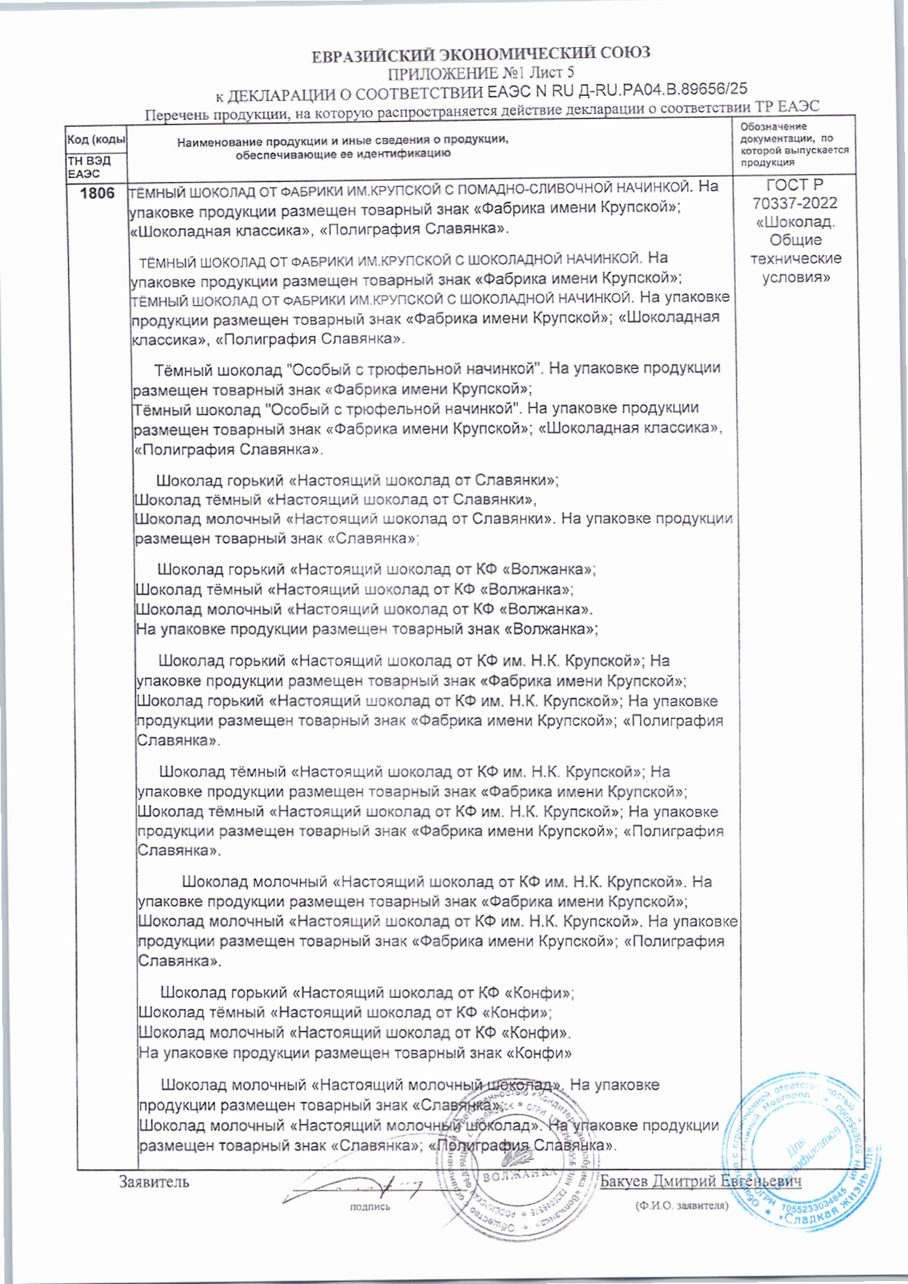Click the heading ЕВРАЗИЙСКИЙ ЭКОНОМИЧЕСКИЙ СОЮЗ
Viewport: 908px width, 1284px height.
[x=481, y=54]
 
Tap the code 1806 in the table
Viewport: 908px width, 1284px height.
[x=97, y=193]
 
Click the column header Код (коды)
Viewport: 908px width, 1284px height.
[x=96, y=139]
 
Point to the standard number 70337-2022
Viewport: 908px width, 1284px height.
[x=795, y=203]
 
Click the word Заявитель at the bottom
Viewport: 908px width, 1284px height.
[x=154, y=1182]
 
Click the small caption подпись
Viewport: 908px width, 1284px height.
[x=370, y=1207]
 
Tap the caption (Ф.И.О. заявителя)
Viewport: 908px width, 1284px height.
[x=680, y=1206]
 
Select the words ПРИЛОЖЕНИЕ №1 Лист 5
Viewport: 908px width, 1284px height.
[x=481, y=73]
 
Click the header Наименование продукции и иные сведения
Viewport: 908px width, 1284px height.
[x=342, y=140]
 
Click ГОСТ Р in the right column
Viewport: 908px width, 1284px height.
[x=795, y=185]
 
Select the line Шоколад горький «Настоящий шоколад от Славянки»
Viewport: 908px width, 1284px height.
[x=358, y=480]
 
